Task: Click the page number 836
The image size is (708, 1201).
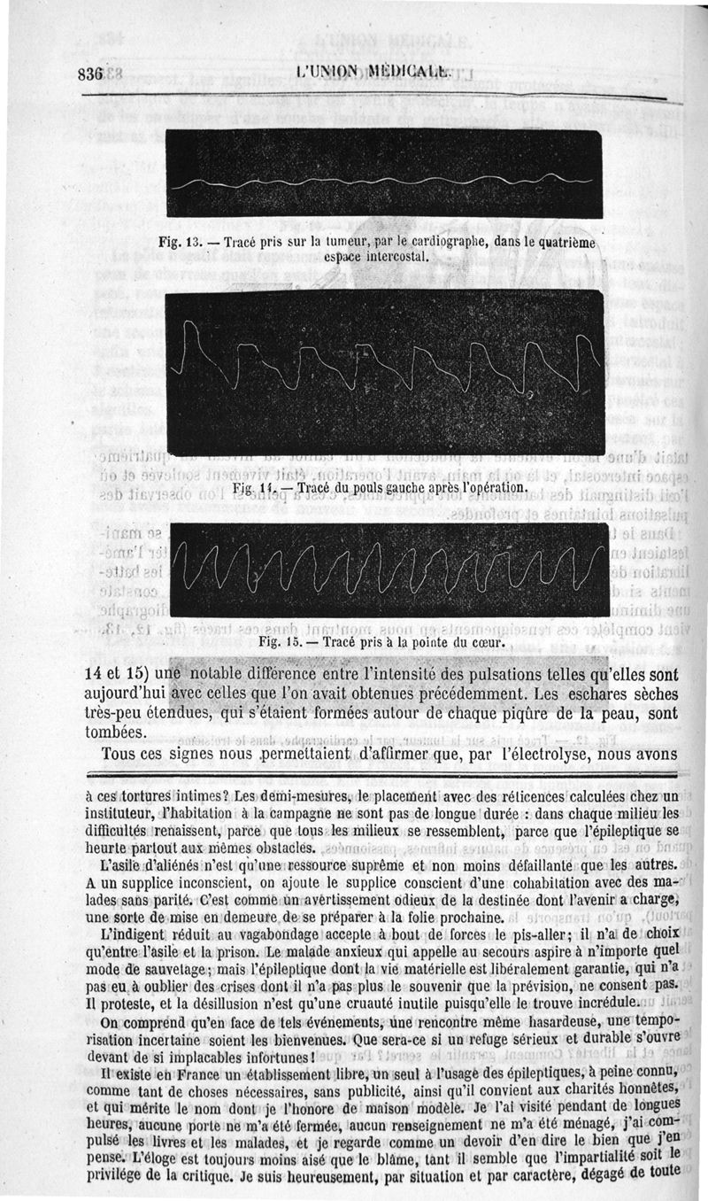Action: coord(92,75)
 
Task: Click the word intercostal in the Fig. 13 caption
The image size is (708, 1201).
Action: coord(391,256)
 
